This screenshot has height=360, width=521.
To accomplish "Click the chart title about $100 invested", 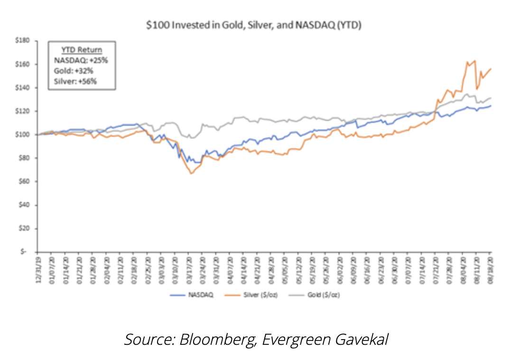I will (253, 26).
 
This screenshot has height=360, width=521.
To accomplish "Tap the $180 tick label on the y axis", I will (24, 41).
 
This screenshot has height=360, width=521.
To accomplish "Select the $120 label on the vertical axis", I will (24, 111).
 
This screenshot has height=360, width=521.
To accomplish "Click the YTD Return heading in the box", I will (82, 50).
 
